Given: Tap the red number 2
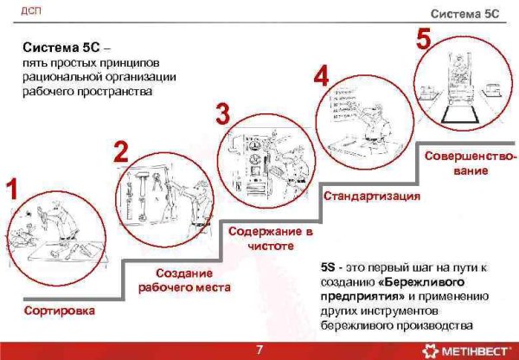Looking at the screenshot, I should (x=121, y=152).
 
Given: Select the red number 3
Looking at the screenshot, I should (x=222, y=113).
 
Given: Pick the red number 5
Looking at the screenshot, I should (x=423, y=38).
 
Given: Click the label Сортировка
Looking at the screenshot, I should (x=61, y=309).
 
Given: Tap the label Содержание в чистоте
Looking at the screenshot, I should (x=269, y=239).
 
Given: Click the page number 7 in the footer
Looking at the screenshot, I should (x=259, y=350).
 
